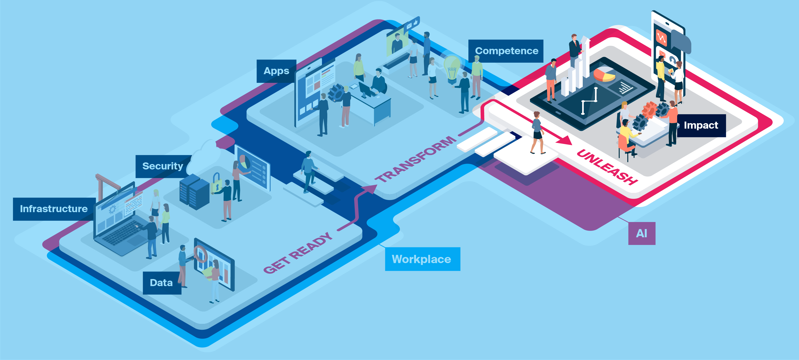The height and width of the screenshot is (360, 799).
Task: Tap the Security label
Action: tap(162, 166)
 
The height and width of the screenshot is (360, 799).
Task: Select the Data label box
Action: tap(162, 283)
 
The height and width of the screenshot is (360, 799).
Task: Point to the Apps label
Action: tap(276, 71)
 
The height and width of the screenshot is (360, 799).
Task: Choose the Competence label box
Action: tap(506, 51)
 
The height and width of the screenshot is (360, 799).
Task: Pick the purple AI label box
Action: tap(641, 234)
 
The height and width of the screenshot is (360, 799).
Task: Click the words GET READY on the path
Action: tap(298, 253)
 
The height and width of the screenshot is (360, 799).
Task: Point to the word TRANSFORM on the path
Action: tap(416, 159)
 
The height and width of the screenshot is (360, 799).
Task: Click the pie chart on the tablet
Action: tap(604, 74)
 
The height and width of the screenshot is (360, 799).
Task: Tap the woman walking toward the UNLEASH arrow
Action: tap(537, 133)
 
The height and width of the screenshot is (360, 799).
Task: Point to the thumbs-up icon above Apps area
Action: tap(416, 22)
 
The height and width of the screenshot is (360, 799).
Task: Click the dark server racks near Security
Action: tap(194, 192)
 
